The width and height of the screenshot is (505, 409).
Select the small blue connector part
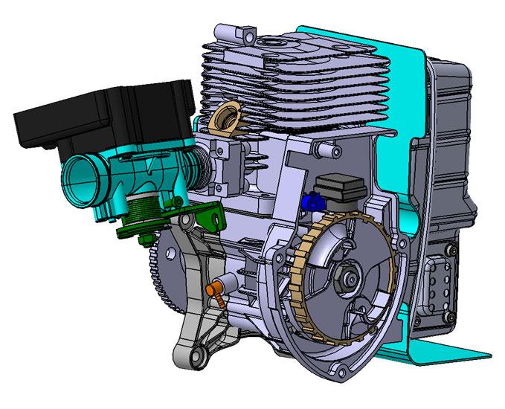click(x=312, y=200)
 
